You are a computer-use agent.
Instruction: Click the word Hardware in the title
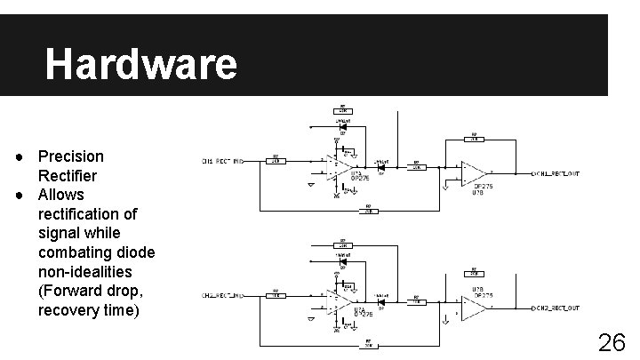[x=141, y=64]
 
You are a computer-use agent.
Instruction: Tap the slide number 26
[x=611, y=343]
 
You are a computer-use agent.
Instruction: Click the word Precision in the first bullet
[x=71, y=156]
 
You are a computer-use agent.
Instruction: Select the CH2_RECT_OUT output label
[x=557, y=308]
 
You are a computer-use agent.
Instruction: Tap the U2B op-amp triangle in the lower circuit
[x=473, y=308]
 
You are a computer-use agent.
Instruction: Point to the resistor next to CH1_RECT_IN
[x=276, y=161]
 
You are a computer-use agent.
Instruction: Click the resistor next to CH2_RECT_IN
[x=276, y=296]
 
